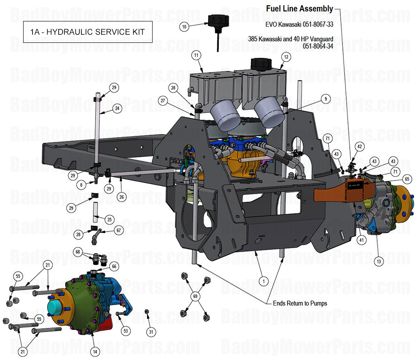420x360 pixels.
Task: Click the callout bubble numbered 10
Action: click(184, 27)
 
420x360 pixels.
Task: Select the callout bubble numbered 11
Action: click(196, 55)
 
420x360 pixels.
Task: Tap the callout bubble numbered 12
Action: click(286, 57)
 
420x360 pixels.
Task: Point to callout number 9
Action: click(326, 99)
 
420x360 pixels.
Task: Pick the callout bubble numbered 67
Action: click(119, 231)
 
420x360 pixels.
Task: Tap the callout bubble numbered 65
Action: click(407, 179)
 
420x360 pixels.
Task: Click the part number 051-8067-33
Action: click(316, 24)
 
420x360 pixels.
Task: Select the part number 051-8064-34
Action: click(318, 46)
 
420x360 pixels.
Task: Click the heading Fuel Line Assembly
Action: click(300, 9)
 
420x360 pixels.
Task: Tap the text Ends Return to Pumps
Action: click(300, 303)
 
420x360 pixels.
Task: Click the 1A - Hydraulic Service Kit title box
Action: click(87, 32)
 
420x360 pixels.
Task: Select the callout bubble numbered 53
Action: click(126, 331)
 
